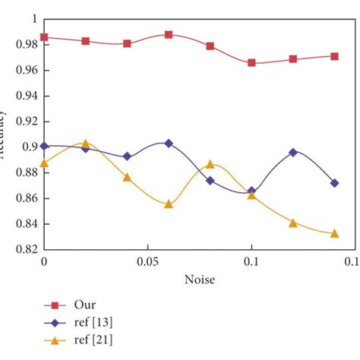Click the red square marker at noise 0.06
pyautogui.click(x=169, y=35)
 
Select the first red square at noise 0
pyautogui.click(x=44, y=37)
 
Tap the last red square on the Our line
pyautogui.click(x=334, y=56)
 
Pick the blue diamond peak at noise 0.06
pyautogui.click(x=169, y=143)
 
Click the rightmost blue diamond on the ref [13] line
pyautogui.click(x=334, y=183)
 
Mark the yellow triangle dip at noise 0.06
pyautogui.click(x=169, y=204)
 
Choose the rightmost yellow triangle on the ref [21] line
pyautogui.click(x=334, y=233)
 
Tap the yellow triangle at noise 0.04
pyautogui.click(x=127, y=177)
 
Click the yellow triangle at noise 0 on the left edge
pyautogui.click(x=44, y=163)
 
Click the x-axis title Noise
pyautogui.click(x=198, y=280)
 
